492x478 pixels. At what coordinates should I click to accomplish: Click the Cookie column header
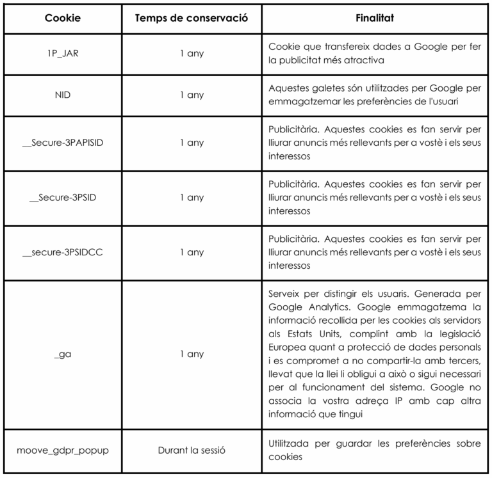pyautogui.click(x=63, y=19)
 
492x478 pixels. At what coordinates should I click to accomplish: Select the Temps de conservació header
pyautogui.click(x=192, y=19)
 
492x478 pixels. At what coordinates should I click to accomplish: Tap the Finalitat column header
pyautogui.click(x=375, y=19)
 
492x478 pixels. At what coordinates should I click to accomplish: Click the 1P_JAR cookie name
pyautogui.click(x=63, y=54)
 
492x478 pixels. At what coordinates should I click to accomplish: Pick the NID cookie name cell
pyautogui.click(x=63, y=95)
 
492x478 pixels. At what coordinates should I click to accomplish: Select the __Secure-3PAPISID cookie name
pyautogui.click(x=63, y=142)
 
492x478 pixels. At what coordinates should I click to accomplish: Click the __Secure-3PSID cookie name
pyautogui.click(x=63, y=197)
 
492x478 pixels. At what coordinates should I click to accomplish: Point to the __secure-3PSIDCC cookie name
pyautogui.click(x=63, y=252)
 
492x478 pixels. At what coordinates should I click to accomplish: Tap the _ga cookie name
pyautogui.click(x=63, y=354)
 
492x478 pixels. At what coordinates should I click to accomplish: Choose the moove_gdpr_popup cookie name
pyautogui.click(x=63, y=450)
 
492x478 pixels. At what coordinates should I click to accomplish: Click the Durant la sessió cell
pyautogui.click(x=192, y=450)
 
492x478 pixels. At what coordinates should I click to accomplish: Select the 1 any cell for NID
pyautogui.click(x=192, y=95)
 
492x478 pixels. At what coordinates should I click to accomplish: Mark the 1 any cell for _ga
pyautogui.click(x=192, y=354)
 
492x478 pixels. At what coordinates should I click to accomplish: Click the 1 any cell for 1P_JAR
pyautogui.click(x=192, y=54)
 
